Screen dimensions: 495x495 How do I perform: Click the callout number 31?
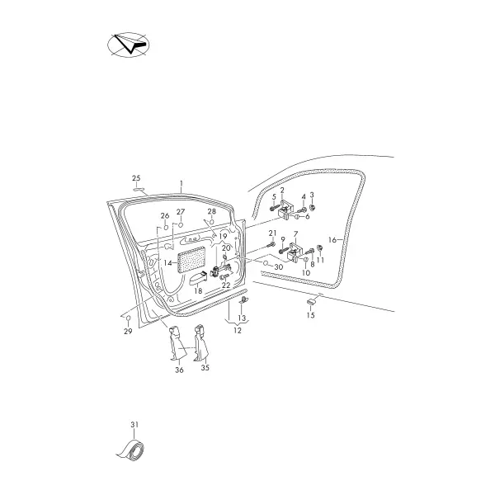(x=134, y=425)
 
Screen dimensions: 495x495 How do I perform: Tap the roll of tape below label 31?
(x=132, y=450)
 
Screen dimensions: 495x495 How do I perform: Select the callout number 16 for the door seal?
(x=332, y=240)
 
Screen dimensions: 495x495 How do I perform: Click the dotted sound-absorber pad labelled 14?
(x=192, y=260)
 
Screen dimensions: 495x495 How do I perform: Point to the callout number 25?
(x=136, y=178)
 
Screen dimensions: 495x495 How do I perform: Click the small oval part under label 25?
(x=139, y=189)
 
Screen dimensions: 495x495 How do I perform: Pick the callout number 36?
(x=179, y=370)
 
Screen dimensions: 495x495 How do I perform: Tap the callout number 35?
(x=205, y=367)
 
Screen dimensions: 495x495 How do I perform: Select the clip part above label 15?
(x=312, y=302)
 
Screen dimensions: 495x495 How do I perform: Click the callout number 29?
(x=128, y=331)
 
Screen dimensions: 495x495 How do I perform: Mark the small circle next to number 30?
(x=266, y=263)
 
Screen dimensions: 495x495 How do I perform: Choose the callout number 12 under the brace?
(x=238, y=331)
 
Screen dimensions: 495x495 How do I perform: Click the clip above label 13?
(x=243, y=300)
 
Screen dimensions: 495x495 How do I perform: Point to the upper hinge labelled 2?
(x=286, y=209)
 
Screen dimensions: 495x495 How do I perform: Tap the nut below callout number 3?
(x=312, y=207)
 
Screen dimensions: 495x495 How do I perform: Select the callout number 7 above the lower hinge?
(x=295, y=234)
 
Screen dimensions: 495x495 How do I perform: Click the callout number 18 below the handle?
(x=198, y=290)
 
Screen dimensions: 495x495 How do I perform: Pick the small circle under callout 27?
(x=181, y=224)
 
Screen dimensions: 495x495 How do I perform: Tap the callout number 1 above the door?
(x=181, y=183)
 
